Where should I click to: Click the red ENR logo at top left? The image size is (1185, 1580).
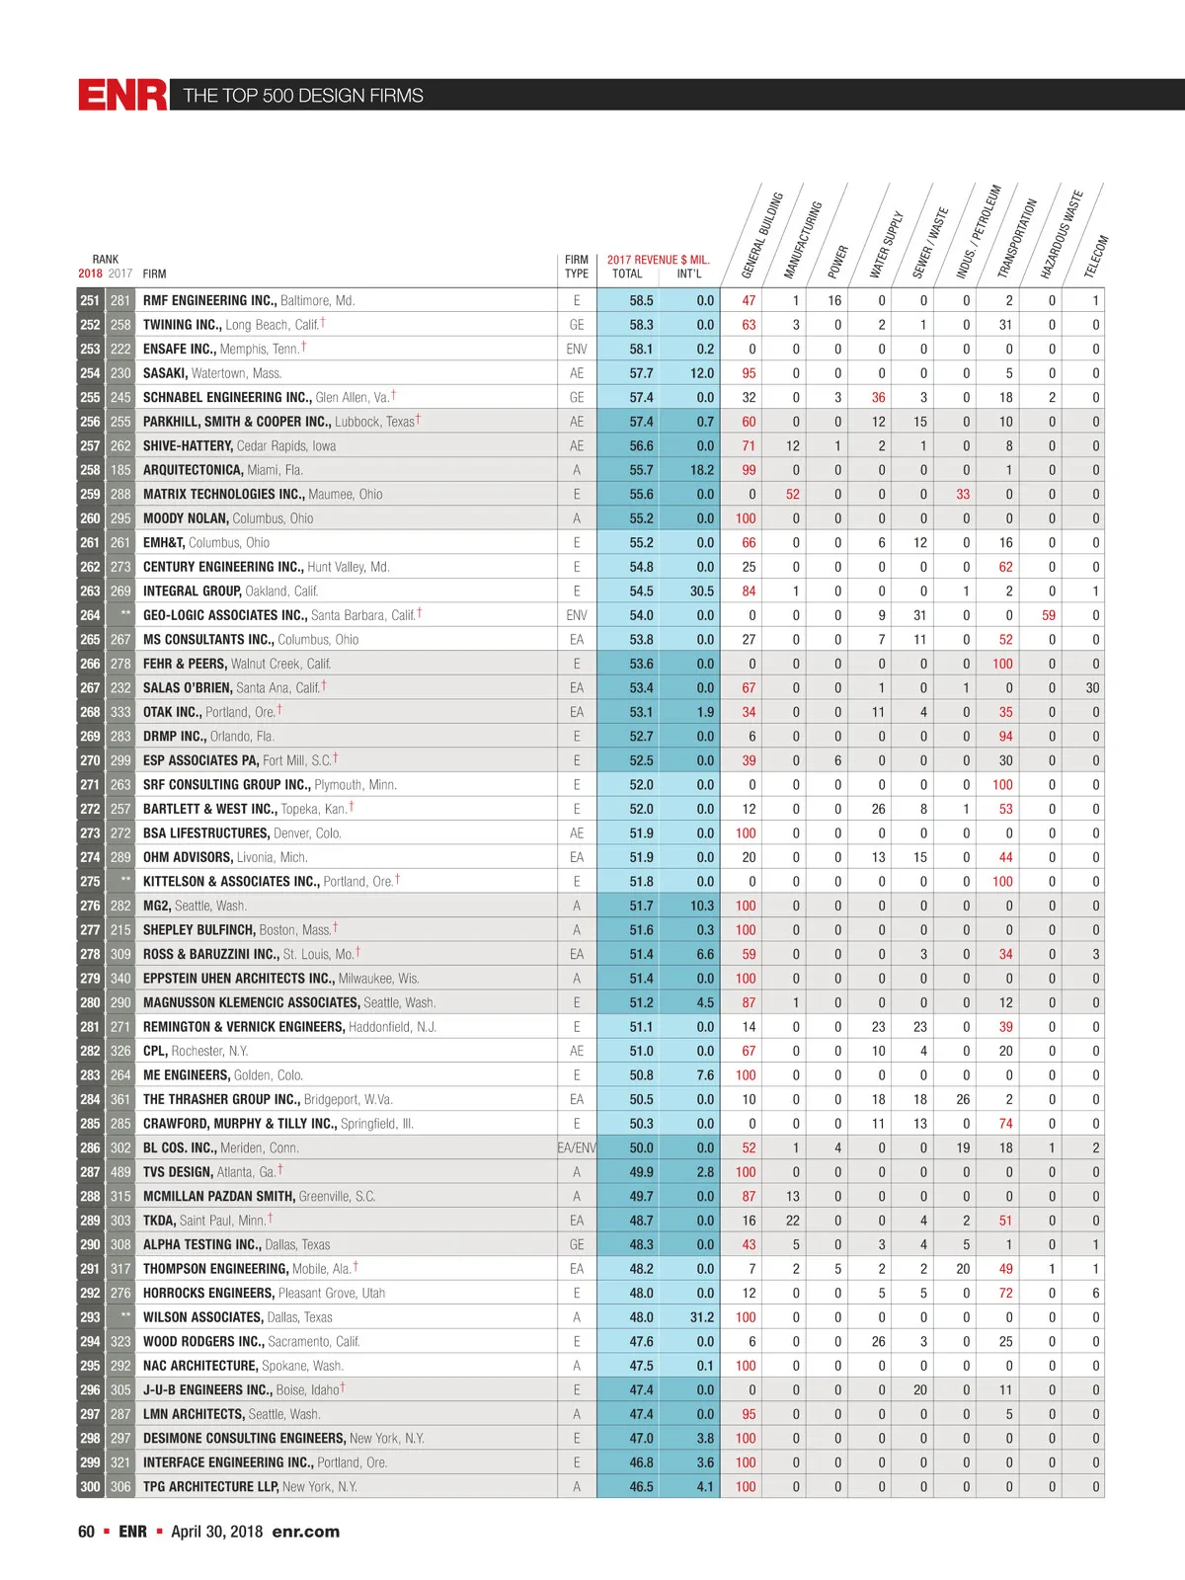[x=122, y=95]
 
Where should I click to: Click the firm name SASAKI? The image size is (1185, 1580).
[x=165, y=373]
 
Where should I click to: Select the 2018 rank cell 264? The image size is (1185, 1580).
[x=90, y=615]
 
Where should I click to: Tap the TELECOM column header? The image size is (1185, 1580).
[x=1097, y=256]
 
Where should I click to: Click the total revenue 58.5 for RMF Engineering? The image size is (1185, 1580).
[x=641, y=300]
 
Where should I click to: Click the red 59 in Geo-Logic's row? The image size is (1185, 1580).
[x=1049, y=615]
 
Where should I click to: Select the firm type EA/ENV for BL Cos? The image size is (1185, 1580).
[x=577, y=1147]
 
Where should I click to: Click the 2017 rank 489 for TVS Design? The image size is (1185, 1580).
[x=120, y=1172]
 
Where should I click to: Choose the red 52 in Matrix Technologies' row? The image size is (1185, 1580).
[x=793, y=494]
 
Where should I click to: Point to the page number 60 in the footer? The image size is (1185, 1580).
[x=86, y=1532]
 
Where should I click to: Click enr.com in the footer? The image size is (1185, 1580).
[x=306, y=1532]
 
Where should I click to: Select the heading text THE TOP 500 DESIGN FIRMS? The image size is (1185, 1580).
[x=303, y=96]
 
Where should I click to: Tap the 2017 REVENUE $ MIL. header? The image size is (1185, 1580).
[x=658, y=260]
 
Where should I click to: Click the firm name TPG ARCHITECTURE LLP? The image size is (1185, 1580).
[x=210, y=1486]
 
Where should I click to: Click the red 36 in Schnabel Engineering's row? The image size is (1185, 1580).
[x=878, y=397]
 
